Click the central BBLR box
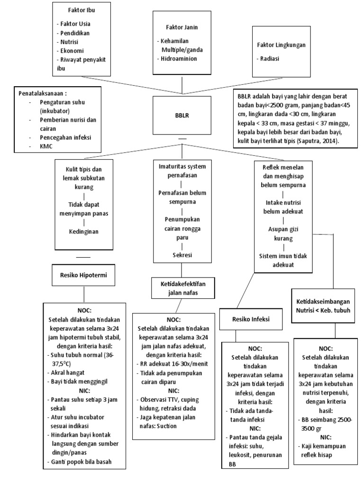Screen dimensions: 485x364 [x=182, y=115]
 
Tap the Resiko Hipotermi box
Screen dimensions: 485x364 [x=84, y=275]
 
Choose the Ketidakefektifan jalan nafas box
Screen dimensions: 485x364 [x=182, y=287]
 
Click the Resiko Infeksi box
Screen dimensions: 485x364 [x=251, y=319]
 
